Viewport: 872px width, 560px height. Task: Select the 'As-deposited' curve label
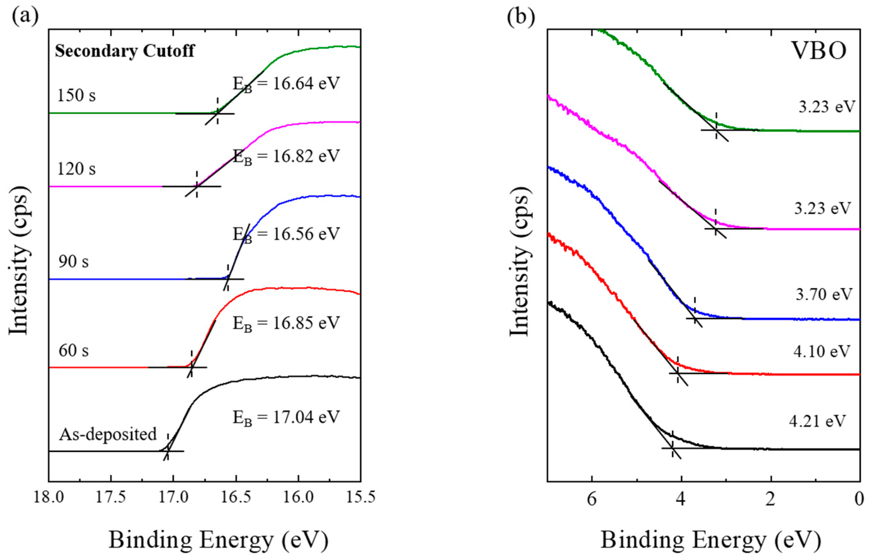click(x=108, y=434)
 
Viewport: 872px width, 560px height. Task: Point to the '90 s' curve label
click(x=74, y=262)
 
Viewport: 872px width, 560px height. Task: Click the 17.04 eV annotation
click(x=286, y=417)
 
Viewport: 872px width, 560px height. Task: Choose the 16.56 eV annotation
click(x=286, y=234)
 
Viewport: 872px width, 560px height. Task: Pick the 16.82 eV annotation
click(x=286, y=157)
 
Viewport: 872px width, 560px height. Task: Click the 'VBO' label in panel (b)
click(x=819, y=51)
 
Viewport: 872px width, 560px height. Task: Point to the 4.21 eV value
click(x=817, y=421)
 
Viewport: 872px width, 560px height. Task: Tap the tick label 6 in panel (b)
click(x=592, y=499)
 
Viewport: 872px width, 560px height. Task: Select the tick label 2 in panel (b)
click(x=770, y=499)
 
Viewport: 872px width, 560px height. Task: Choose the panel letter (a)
click(x=25, y=16)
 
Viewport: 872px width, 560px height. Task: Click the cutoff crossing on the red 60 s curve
click(x=191, y=367)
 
